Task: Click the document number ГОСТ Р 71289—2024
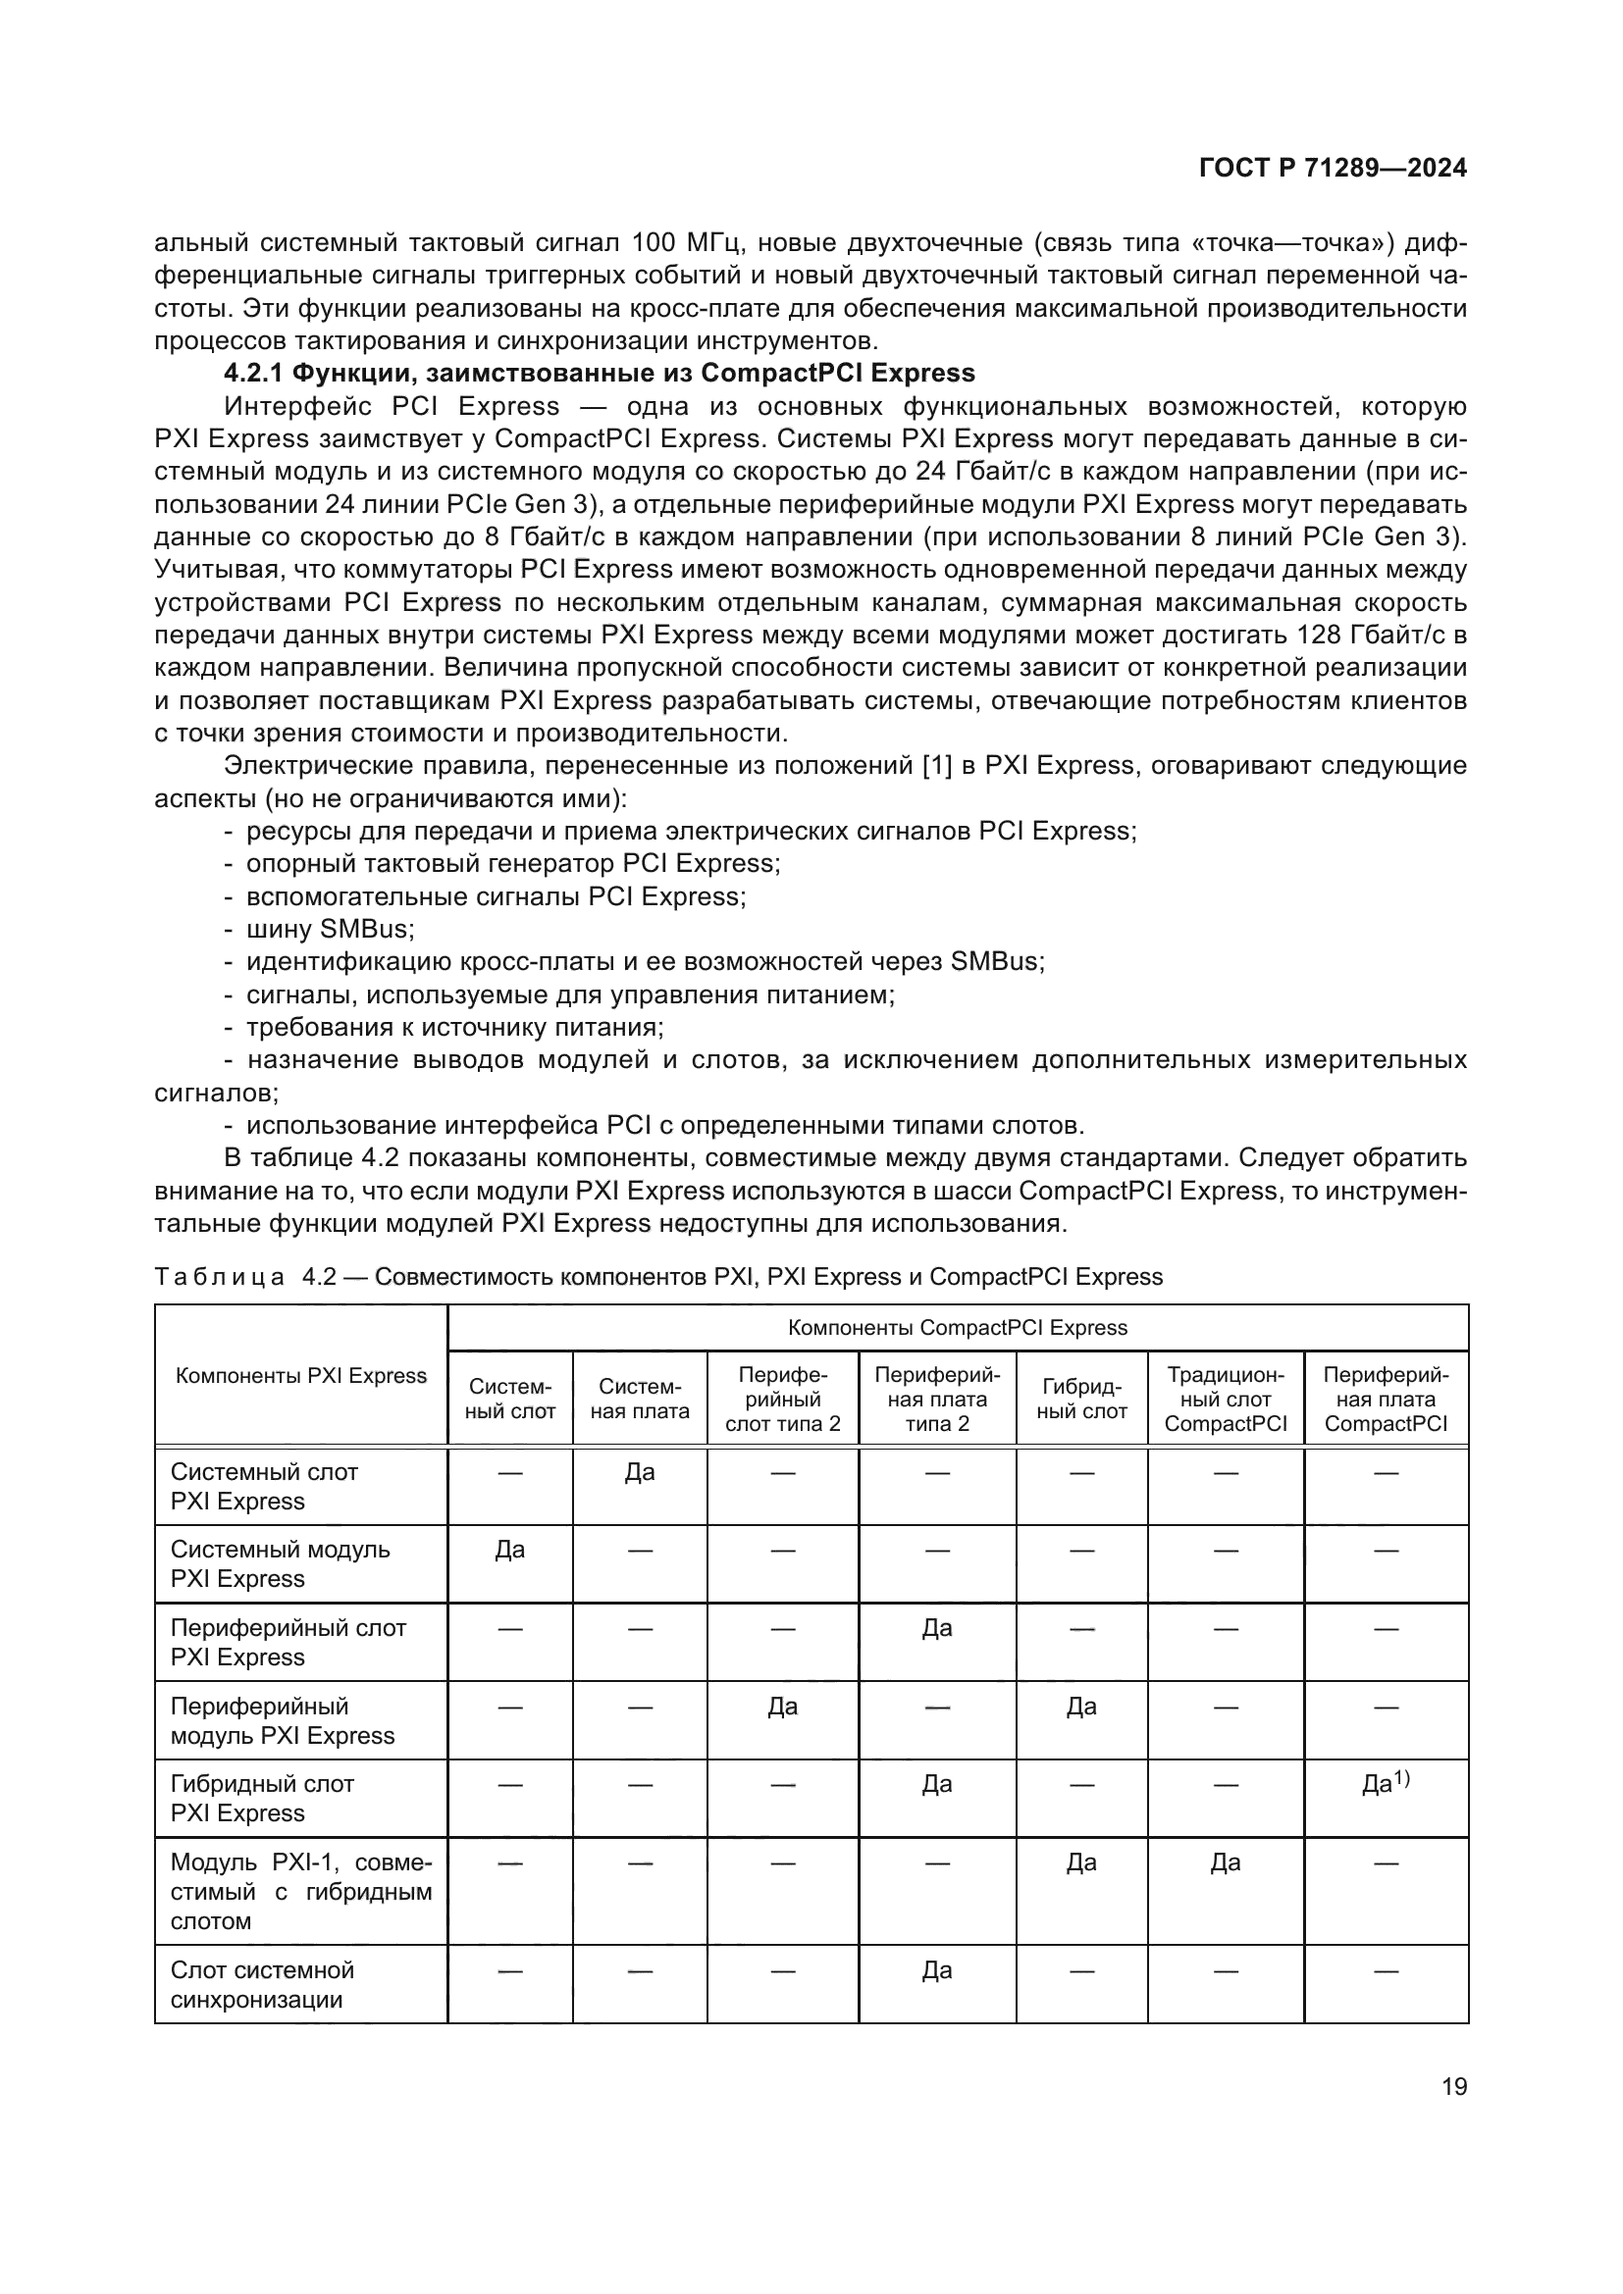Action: coord(1333,168)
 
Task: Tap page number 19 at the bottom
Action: coord(1454,2086)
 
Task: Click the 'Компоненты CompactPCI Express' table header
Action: coord(957,1328)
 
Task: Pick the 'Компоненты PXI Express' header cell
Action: coord(301,1376)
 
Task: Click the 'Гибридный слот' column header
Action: coord(1081,1399)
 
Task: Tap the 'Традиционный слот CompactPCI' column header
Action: coord(1226,1399)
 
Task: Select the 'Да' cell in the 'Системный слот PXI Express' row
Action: coord(640,1472)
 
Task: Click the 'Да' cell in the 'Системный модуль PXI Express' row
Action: coord(509,1550)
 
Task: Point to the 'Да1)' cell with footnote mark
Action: coord(1386,1783)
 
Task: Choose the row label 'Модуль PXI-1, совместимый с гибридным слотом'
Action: coord(300,1891)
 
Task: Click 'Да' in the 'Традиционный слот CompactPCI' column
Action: coord(1226,1862)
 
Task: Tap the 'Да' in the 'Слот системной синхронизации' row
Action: coord(936,1970)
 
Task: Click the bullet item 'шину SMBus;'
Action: coord(330,929)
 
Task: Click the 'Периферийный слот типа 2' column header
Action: coord(782,1399)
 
